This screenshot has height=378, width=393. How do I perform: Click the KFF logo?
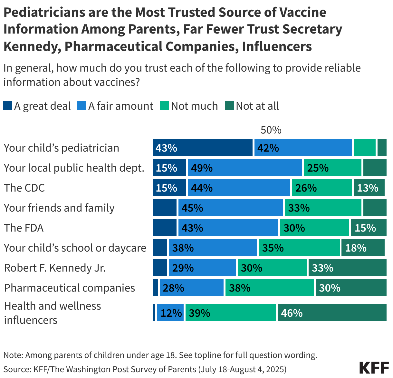coord(374,368)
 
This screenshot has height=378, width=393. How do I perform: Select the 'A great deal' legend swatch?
coord(8,106)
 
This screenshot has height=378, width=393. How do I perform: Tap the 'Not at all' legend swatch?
coord(229,106)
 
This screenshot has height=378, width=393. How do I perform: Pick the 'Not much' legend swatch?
coord(164,106)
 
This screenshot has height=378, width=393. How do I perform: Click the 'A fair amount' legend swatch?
coord(82,106)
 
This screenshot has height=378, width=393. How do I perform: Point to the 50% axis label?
coord(271,130)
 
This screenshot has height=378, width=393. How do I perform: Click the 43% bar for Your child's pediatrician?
coord(202,148)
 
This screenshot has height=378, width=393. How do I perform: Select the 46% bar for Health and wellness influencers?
coord(332,313)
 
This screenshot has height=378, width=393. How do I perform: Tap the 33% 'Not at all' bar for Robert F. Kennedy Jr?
coord(347,268)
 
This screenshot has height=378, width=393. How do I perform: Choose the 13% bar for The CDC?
coord(369,188)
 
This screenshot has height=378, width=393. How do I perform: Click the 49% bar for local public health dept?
coord(245,168)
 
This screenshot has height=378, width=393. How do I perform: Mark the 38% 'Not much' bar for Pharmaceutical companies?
coord(269,288)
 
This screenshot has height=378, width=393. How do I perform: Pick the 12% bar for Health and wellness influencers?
coord(170,313)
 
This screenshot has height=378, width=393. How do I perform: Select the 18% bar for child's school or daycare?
coord(363,248)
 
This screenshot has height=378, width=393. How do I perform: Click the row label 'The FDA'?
coord(24,228)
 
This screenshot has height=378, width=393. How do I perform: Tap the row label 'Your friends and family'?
coord(59,208)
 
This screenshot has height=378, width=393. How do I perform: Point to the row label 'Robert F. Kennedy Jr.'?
coord(55,268)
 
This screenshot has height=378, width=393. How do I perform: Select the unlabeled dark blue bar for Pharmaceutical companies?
coord(155,288)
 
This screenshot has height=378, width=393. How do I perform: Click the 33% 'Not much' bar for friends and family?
coord(323,208)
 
